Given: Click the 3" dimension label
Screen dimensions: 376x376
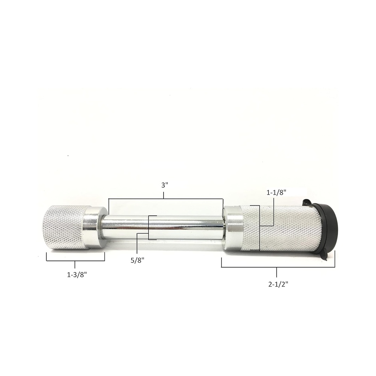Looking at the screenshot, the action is pyautogui.click(x=165, y=185).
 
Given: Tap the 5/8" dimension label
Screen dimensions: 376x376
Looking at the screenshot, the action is pyautogui.click(x=137, y=261).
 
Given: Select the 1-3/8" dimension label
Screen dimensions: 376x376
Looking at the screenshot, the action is pyautogui.click(x=77, y=275).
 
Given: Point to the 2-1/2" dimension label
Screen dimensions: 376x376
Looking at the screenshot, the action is pyautogui.click(x=278, y=284).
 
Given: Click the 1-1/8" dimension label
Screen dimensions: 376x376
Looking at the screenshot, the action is pyautogui.click(x=276, y=193).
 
